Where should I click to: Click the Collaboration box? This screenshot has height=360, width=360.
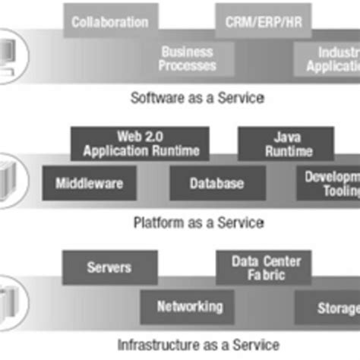110,23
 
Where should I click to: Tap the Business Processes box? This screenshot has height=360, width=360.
188,58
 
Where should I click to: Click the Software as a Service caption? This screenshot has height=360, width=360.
197,98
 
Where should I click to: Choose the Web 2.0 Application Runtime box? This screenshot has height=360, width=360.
139,144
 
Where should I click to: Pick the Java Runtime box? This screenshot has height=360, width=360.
288,144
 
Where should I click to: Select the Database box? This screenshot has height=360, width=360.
217,183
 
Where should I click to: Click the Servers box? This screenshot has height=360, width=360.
109,267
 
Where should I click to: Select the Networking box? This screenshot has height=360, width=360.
189,307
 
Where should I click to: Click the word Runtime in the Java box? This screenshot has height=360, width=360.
289,151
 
